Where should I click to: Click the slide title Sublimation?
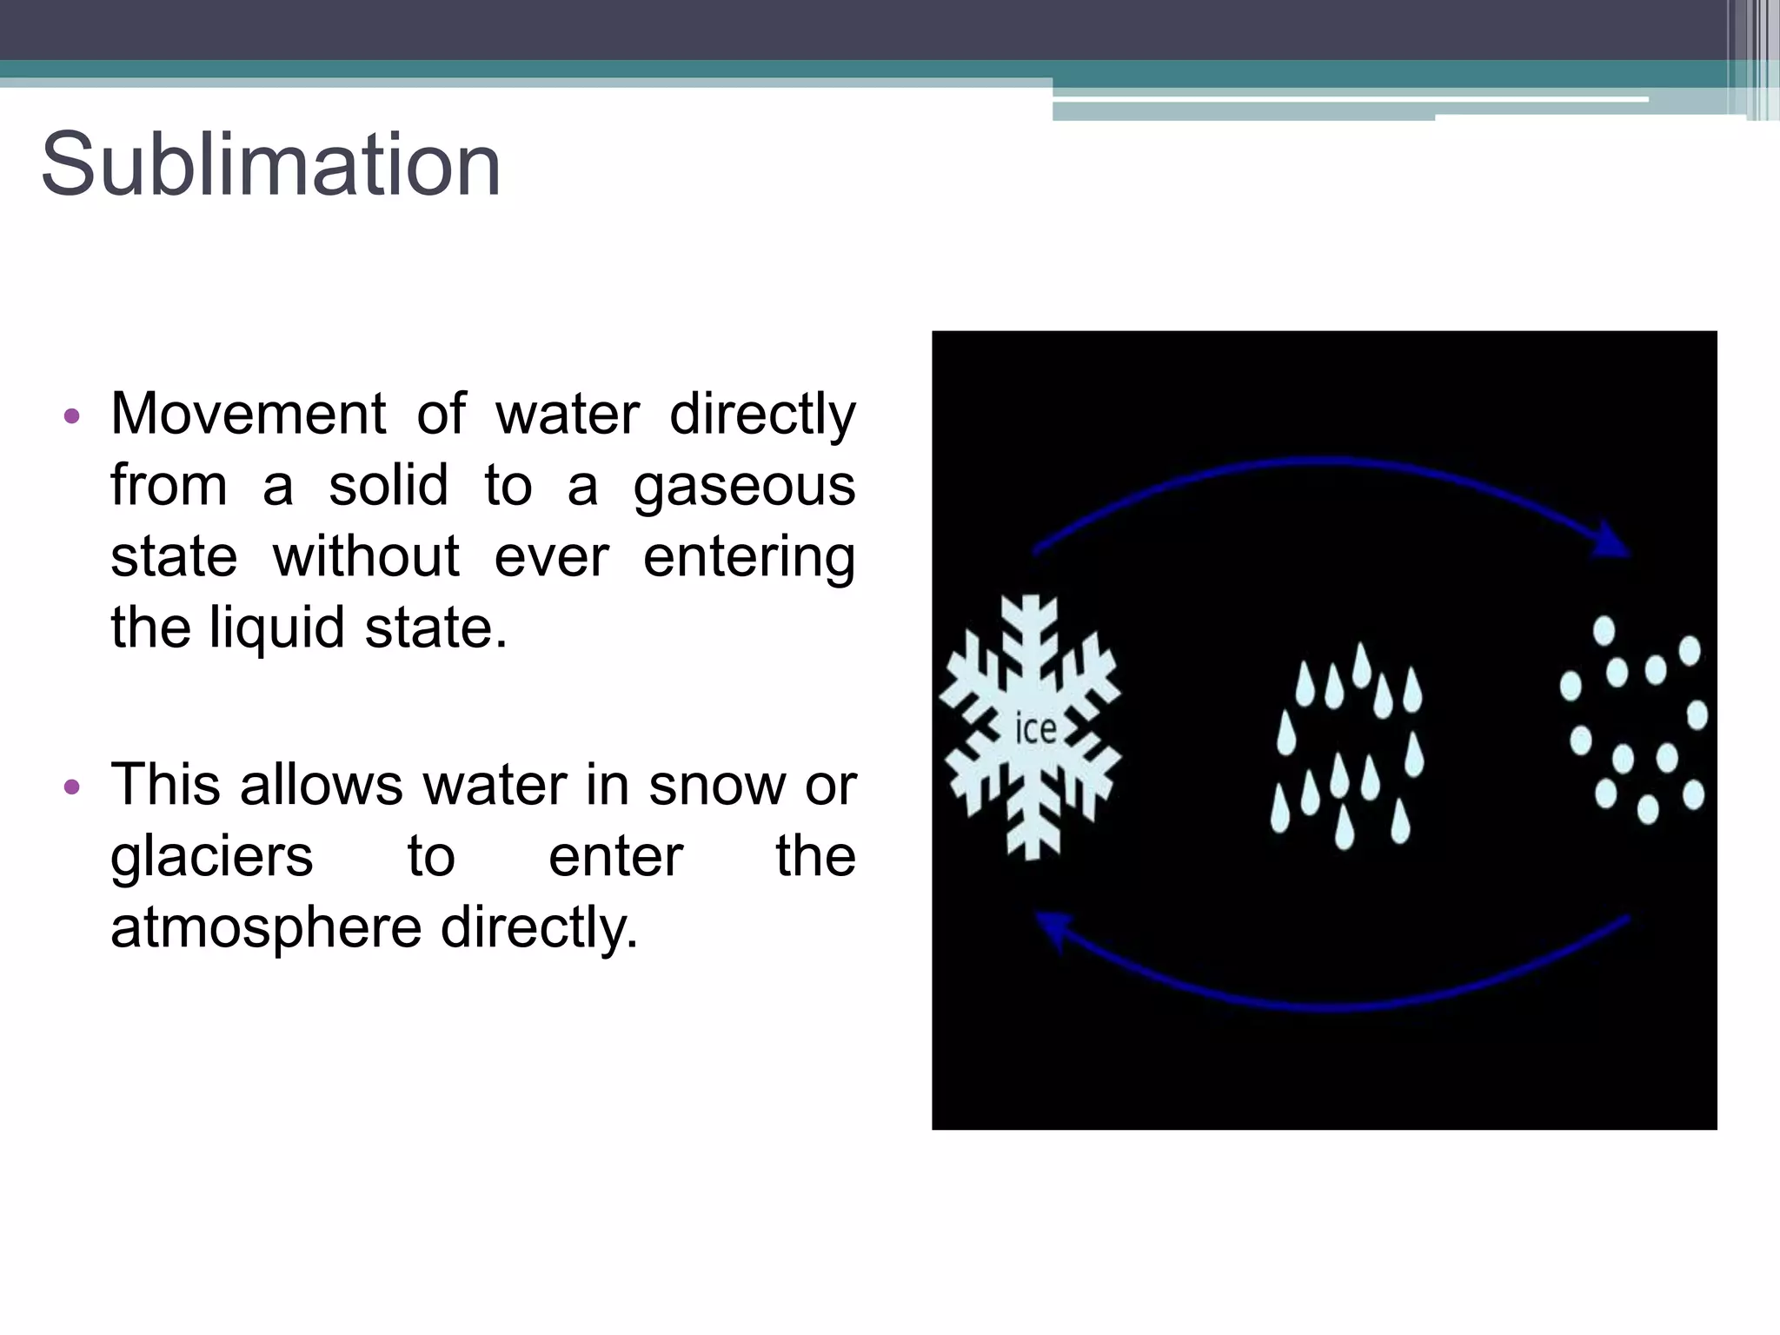[270, 164]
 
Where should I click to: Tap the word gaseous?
[744, 485]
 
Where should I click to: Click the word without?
[366, 556]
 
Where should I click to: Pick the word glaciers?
[211, 857]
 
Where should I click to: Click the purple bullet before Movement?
[72, 415]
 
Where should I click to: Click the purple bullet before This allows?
[72, 787]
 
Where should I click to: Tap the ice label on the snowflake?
[1036, 728]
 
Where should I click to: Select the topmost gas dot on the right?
[1604, 630]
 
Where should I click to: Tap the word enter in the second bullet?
[615, 857]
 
